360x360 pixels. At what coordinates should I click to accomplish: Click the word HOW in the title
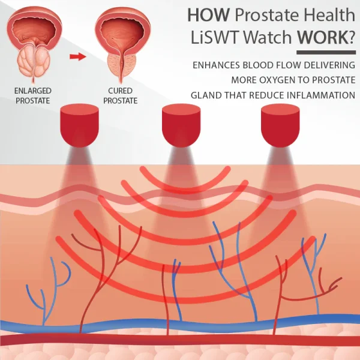point(209,15)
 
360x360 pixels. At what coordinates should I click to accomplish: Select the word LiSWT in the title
point(215,37)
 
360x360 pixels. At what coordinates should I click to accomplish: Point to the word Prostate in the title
point(266,15)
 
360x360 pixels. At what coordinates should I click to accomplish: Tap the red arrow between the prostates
point(78,56)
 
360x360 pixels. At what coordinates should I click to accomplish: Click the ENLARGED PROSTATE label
point(32,95)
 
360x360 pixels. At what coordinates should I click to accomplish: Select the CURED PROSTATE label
point(121,95)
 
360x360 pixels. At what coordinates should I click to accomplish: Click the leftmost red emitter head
point(79,125)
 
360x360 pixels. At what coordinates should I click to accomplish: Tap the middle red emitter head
point(181,125)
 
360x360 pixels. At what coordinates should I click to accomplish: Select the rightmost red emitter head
point(280,125)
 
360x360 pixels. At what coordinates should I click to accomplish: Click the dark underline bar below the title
point(326,53)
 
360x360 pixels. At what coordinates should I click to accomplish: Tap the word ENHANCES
point(216,65)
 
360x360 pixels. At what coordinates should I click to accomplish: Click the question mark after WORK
point(351,37)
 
